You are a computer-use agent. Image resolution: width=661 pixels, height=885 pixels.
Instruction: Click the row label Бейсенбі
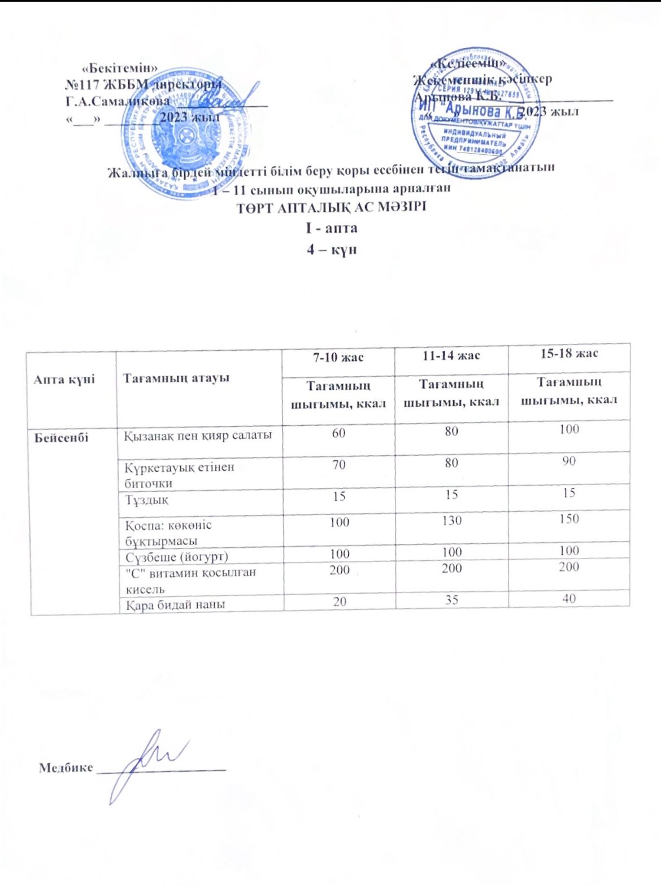pos(61,438)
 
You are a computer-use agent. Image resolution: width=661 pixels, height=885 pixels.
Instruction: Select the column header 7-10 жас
pos(338,357)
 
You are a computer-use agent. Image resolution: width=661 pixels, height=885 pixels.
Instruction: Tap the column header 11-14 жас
pos(451,355)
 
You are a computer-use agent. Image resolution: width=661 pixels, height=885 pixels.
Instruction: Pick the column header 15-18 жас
pos(569,354)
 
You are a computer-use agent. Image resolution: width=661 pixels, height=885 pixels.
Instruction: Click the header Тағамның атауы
pos(176,378)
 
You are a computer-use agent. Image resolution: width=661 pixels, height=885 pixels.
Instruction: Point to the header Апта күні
pos(64,379)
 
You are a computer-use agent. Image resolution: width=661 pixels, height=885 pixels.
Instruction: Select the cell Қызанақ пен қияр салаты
pos(198,435)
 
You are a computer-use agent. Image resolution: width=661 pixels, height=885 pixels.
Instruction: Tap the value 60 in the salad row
pos(338,433)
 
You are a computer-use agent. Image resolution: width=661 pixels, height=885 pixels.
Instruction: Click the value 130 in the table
pos(452,520)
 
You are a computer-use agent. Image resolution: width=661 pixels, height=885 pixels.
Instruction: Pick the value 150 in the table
pos(569,518)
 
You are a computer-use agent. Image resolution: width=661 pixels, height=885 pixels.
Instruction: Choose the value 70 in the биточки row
pos(338,465)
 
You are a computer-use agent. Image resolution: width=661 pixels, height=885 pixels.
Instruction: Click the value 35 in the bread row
pos(451,599)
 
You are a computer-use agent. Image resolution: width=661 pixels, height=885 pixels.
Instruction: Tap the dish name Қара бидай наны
pos(175,604)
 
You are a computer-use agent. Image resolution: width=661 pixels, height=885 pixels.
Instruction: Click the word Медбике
pos(66,767)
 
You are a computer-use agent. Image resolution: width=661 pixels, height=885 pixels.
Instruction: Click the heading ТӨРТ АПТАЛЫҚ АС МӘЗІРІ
pos(331,207)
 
